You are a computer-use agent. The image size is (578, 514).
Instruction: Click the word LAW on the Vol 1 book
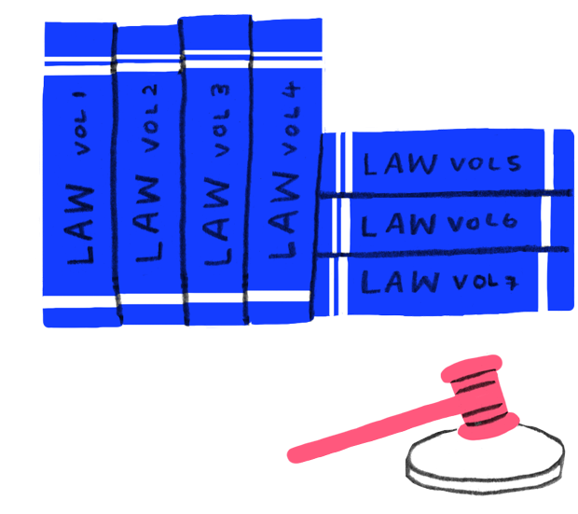pyautogui.click(x=82, y=225)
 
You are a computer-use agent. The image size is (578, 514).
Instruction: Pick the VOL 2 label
pyautogui.click(x=149, y=116)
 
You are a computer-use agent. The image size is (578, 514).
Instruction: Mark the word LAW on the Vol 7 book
pyautogui.click(x=396, y=281)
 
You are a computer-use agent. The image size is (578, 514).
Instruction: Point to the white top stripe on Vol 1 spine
pyautogui.click(x=78, y=65)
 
